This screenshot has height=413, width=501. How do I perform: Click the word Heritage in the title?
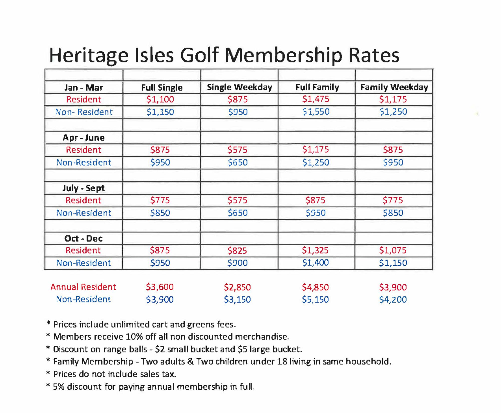pos(89,56)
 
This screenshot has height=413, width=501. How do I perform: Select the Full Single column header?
pos(162,88)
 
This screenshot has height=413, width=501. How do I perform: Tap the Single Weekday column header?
pos(239,87)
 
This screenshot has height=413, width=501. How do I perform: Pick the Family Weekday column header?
pos(394,87)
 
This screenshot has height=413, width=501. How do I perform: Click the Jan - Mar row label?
pos(84,88)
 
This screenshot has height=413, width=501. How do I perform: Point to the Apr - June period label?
pos(84,138)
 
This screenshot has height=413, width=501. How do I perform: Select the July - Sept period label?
pos(84,188)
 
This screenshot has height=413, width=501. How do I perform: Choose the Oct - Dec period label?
pos(84,238)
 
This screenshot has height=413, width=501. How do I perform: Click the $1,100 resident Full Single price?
pos(160,100)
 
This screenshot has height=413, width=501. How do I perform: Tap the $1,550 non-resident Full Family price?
pos(316,112)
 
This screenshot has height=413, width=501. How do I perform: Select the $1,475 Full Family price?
pos(316,99)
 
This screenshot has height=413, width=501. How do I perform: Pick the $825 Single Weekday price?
pos(237,251)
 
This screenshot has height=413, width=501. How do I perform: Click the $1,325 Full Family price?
pos(315,250)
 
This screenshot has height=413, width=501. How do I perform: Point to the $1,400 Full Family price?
pos(315,263)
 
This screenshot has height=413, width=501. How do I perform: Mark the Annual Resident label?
pos(83,287)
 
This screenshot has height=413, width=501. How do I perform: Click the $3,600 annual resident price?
pos(160,287)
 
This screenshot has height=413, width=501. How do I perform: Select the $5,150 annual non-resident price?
pos(315,299)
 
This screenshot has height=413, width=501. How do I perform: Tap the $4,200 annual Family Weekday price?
pos(393,299)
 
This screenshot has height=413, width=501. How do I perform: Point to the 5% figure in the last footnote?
pos(59,387)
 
